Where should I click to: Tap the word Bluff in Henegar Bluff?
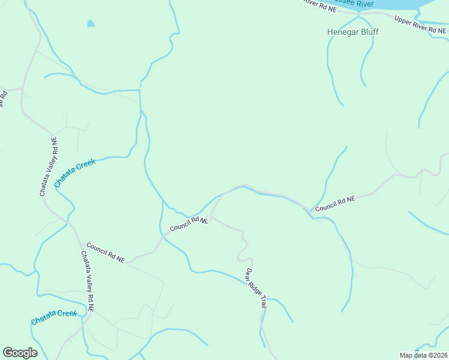(x=370, y=32)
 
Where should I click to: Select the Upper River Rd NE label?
(x=420, y=26)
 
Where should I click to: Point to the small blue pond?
(x=91, y=24)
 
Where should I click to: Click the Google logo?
(x=20, y=353)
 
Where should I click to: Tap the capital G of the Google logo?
(x=8, y=353)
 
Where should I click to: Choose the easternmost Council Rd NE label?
(x=335, y=203)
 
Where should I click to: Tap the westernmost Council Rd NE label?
(x=105, y=253)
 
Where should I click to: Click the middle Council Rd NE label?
(x=188, y=224)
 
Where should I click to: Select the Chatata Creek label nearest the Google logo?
(x=54, y=317)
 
